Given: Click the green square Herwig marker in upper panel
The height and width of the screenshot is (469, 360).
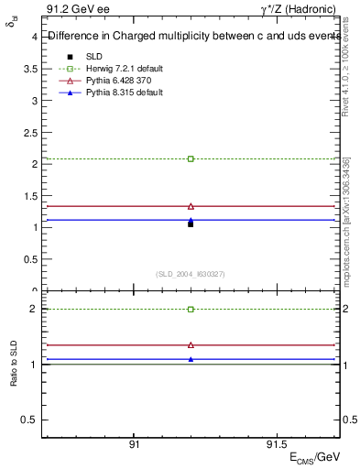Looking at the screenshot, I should click(191, 158).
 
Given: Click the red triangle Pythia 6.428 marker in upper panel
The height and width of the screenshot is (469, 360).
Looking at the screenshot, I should click(191, 206).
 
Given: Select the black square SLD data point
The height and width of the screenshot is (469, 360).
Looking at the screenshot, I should click(191, 224).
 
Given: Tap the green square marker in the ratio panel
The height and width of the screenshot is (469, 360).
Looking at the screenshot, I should click(191, 310).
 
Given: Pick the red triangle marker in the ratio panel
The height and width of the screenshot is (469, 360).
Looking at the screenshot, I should click(191, 345).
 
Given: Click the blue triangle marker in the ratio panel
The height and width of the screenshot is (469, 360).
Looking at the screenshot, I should click(191, 359).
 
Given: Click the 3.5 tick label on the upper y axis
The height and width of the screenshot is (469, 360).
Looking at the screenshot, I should click(30, 70).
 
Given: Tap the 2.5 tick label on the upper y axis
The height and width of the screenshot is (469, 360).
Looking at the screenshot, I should click(30, 133).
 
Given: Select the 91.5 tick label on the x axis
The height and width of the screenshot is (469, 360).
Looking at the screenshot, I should click(274, 442).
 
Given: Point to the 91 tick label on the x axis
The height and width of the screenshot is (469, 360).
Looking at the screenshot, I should click(134, 442).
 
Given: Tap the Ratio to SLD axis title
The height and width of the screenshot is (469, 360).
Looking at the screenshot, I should click(14, 376).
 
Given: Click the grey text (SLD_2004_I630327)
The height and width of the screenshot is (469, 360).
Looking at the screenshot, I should click(191, 274).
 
